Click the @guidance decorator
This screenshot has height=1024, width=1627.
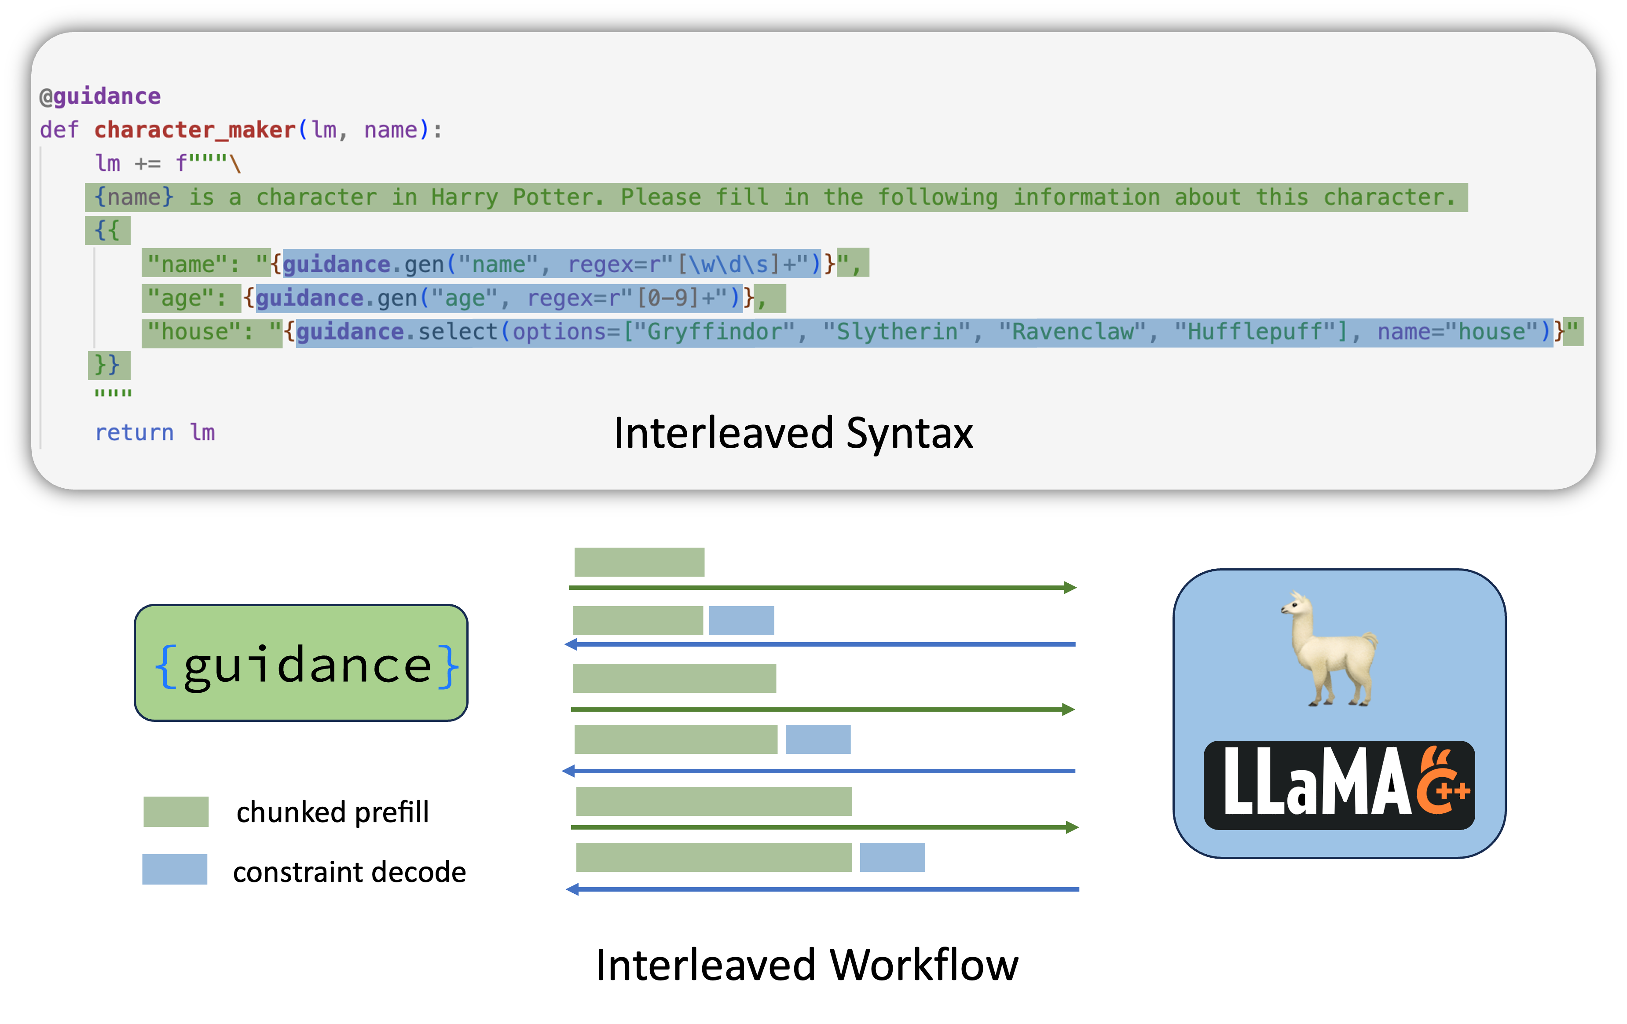click(x=100, y=97)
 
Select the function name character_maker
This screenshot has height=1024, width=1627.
click(x=194, y=130)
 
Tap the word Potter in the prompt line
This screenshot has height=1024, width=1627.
click(x=555, y=197)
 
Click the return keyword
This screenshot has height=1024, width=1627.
click(x=134, y=433)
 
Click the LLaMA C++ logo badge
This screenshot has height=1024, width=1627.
click(x=1339, y=785)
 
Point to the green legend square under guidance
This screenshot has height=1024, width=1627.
click(x=176, y=811)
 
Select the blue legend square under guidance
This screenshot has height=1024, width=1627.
click(x=174, y=869)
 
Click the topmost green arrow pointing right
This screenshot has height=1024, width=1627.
click(x=822, y=588)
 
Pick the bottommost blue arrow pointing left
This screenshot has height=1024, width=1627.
click(x=822, y=889)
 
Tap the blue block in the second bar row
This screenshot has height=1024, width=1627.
click(x=741, y=621)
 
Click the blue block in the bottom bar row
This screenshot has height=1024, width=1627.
click(x=892, y=857)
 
